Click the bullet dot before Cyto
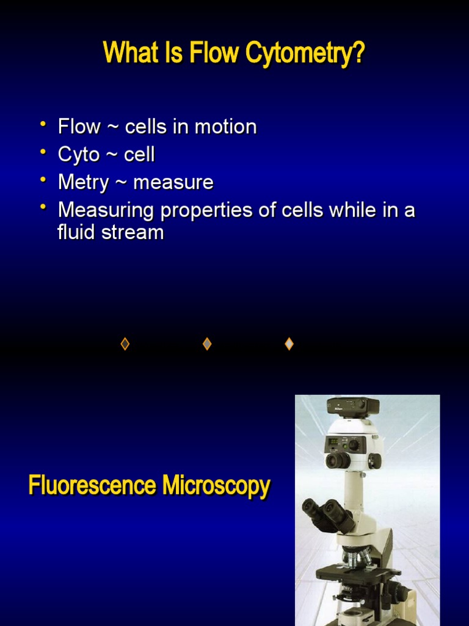(x=43, y=152)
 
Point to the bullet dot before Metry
(x=43, y=180)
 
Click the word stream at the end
(x=136, y=233)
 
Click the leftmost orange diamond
(x=125, y=344)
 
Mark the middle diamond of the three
(x=207, y=344)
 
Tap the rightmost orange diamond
(x=289, y=344)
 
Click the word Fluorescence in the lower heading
(x=92, y=487)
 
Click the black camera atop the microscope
(x=353, y=405)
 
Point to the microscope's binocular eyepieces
(x=327, y=512)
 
